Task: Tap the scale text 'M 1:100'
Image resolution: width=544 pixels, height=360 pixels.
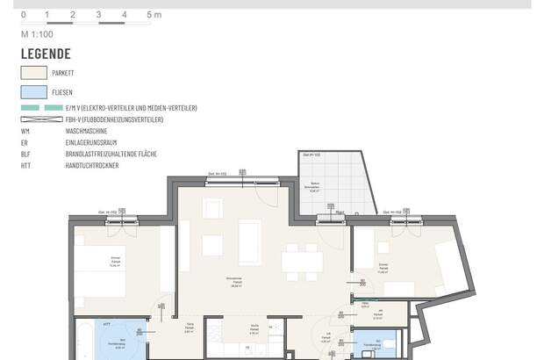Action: click(x=39, y=33)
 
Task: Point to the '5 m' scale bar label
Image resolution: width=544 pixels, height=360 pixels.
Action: click(x=154, y=15)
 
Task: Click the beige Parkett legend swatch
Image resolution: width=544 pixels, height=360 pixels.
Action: click(x=35, y=73)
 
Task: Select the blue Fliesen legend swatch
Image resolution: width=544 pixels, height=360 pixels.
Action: click(x=35, y=90)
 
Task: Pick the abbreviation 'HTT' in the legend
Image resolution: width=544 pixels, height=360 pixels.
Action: click(x=25, y=164)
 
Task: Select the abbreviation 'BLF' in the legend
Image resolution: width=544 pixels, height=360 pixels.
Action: click(x=25, y=153)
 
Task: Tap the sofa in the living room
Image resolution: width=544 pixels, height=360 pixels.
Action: click(x=250, y=242)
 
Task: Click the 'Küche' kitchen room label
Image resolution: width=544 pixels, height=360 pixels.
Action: click(x=253, y=330)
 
